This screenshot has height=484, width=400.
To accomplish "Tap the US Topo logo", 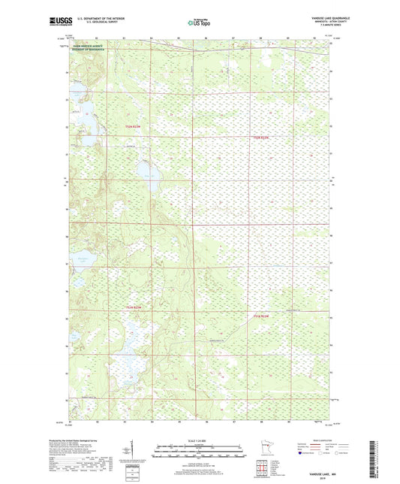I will (197, 23).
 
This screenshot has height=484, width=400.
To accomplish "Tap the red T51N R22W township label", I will (261, 316).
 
